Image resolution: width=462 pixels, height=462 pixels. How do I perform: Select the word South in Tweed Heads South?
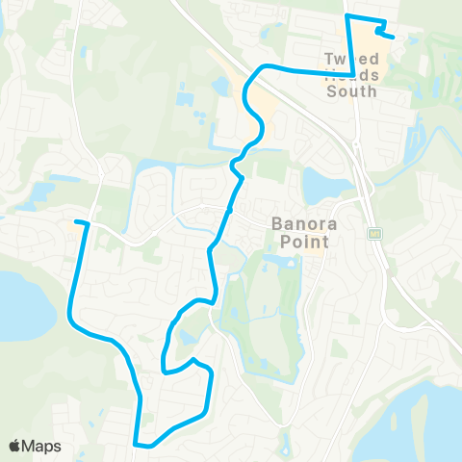point(352,91)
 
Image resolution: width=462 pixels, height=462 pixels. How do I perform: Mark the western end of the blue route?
point(76,223)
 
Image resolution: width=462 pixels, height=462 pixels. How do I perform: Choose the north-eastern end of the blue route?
point(394,36)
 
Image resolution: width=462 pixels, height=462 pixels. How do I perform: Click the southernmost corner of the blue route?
point(141,445)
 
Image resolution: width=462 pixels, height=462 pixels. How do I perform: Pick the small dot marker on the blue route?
point(229,209)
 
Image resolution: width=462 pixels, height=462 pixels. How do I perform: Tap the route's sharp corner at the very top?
point(346,17)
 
